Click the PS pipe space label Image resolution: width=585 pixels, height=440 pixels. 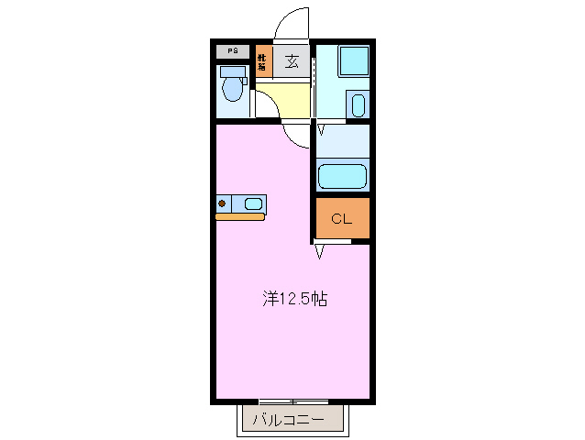pyautogui.click(x=233, y=51)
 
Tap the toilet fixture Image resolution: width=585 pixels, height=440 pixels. pyautogui.click(x=233, y=88)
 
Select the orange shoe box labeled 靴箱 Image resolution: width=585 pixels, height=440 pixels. pyautogui.click(x=262, y=61)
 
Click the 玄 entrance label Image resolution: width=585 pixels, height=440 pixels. pyautogui.click(x=292, y=61)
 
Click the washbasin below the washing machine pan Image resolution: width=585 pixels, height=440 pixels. pyautogui.click(x=358, y=104)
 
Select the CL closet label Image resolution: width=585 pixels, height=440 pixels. pyautogui.click(x=341, y=218)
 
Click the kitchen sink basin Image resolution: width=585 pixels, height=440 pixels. pyautogui.click(x=254, y=203)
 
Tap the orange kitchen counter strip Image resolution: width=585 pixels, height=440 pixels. pyautogui.click(x=240, y=217)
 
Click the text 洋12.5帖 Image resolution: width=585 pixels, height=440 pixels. pyautogui.click(x=295, y=298)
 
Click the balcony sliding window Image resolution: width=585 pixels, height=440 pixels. pyautogui.click(x=293, y=401)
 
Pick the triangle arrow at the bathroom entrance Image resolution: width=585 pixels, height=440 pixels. pyautogui.click(x=320, y=129)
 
